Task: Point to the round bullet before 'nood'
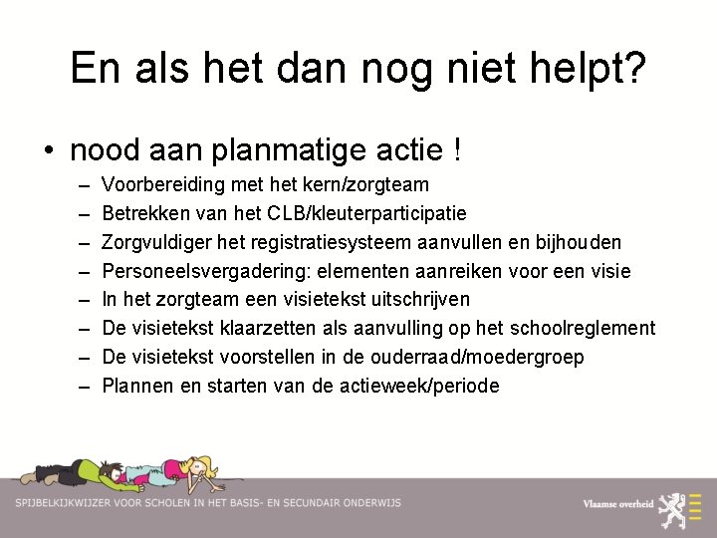49,151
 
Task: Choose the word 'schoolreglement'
583,328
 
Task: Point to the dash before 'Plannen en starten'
80,386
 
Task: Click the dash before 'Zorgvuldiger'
80,242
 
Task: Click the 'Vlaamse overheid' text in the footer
618,504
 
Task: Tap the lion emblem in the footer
685,503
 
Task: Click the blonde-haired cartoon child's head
205,467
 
